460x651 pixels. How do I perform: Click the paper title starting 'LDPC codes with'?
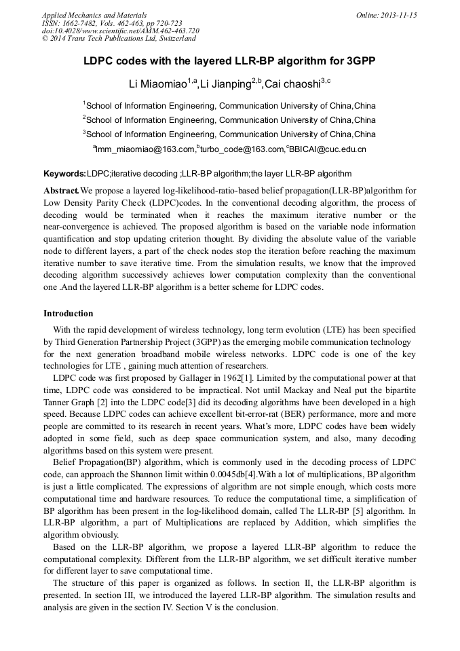coord(229,60)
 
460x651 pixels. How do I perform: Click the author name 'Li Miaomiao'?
coord(157,83)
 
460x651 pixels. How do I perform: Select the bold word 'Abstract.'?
coord(62,189)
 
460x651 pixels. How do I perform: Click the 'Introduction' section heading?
coord(69,314)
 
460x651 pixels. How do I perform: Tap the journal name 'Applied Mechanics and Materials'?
coord(94,15)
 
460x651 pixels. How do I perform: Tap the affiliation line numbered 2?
coord(229,120)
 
